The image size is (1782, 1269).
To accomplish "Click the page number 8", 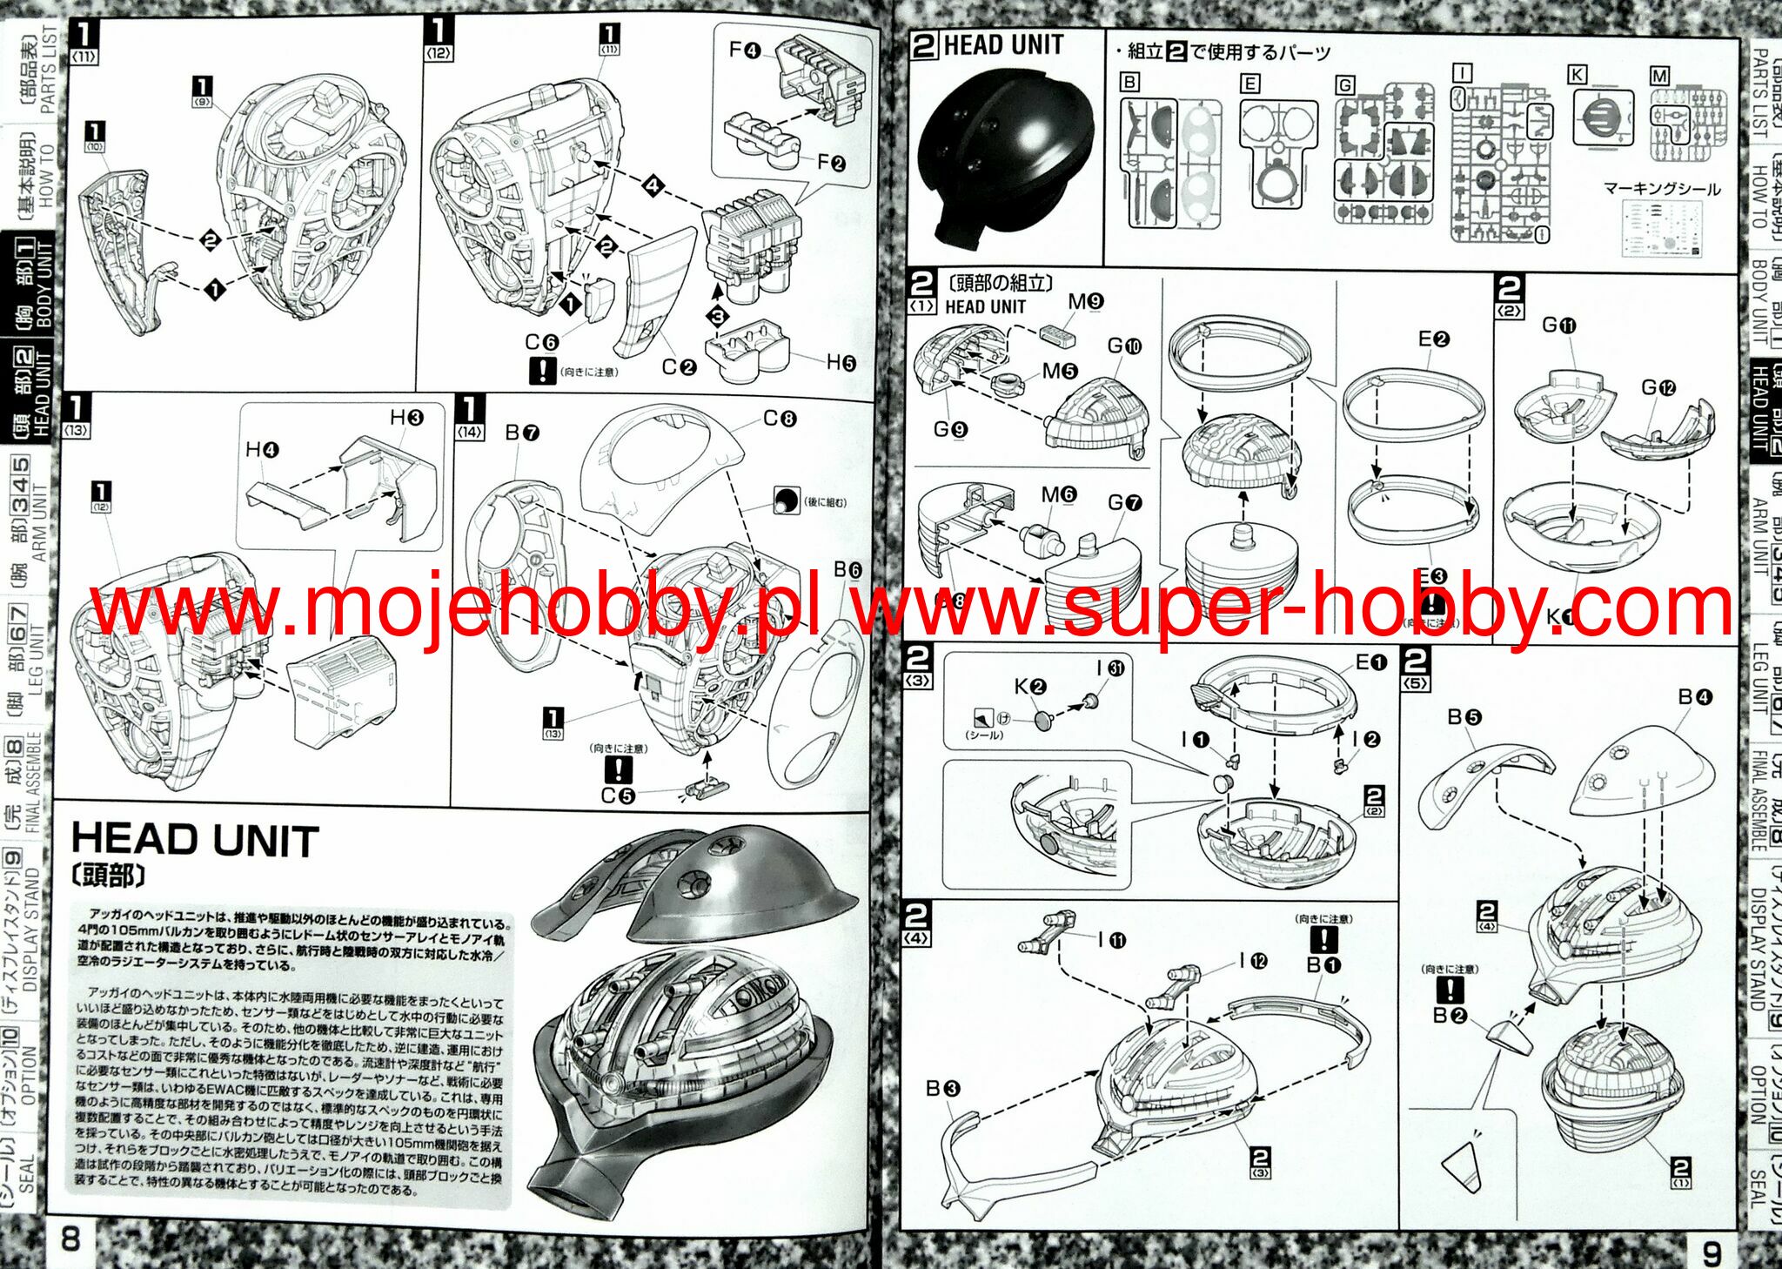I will point(70,1237).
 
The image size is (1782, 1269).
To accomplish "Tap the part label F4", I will point(745,50).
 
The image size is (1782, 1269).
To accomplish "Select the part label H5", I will point(841,362).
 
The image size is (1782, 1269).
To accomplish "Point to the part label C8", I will point(780,419).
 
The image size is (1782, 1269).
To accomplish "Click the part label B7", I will point(522,433).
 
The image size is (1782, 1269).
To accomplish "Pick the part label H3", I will point(406,418).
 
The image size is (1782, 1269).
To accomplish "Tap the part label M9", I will point(1086,301).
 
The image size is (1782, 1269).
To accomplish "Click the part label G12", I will point(1658,387).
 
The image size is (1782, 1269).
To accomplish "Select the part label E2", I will point(1433,339).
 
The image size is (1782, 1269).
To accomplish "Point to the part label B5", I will point(1464,717).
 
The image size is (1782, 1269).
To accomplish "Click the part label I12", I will point(1253,961).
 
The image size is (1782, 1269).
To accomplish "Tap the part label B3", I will point(942,1088).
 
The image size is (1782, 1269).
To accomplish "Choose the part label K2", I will point(1030,687).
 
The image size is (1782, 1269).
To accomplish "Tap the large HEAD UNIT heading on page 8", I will point(195,840).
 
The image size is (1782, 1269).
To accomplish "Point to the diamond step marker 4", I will point(653,185).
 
